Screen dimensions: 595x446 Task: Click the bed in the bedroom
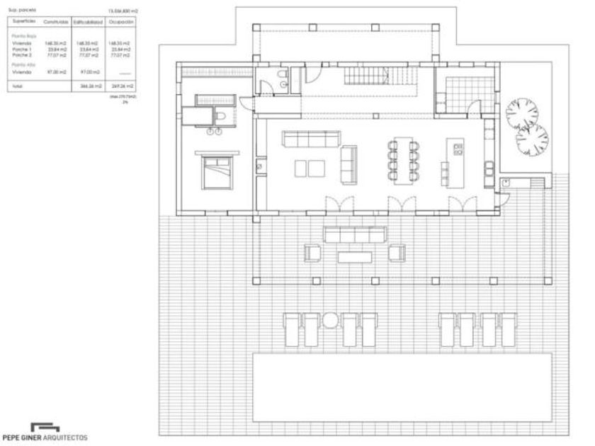[x=219, y=173]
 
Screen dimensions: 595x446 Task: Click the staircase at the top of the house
[x=378, y=76]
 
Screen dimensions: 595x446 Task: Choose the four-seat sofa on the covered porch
[x=354, y=234]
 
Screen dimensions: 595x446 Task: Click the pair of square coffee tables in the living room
[x=306, y=168]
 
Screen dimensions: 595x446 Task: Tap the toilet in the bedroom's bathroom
[x=222, y=116]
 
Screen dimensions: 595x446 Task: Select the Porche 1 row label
[x=22, y=48]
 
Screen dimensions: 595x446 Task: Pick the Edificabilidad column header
[x=88, y=23]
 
